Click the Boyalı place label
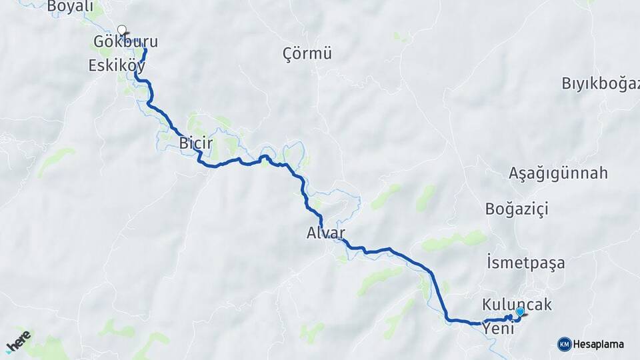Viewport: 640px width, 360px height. pos(70,7)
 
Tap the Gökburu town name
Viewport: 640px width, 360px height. pos(126,42)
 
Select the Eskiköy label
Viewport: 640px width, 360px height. pos(117,65)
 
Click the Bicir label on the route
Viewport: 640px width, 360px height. pos(195,142)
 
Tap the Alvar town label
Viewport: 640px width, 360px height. pos(326,233)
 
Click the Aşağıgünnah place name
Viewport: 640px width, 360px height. pos(559,173)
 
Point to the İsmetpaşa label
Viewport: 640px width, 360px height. pos(526,263)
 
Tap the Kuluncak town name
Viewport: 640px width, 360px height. pos(517,304)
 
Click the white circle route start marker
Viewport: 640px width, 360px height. pos(121,29)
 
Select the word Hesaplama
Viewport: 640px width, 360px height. pos(599,345)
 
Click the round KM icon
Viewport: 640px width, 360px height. pos(565,345)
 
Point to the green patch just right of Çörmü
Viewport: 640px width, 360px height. pos(401,36)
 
